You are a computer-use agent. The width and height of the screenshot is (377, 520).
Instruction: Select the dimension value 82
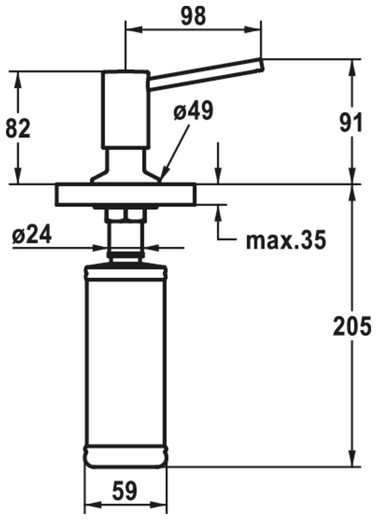(18, 129)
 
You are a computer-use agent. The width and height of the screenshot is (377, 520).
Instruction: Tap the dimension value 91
(351, 123)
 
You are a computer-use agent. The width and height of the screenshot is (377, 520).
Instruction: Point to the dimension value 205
(352, 326)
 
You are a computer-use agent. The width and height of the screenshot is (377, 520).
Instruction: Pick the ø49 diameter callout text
(193, 111)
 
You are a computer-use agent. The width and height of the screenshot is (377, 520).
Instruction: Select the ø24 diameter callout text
(32, 236)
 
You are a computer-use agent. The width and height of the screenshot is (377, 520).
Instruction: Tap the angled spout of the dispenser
(205, 74)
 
